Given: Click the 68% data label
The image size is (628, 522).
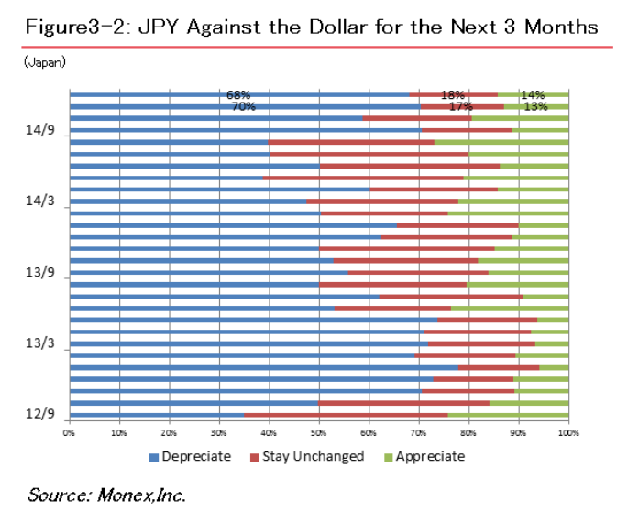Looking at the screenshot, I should point(238,94).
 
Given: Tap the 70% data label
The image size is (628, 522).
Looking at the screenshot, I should point(243,106).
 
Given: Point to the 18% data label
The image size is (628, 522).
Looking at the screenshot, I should point(452,94).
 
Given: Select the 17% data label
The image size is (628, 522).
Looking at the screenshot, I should point(461,106).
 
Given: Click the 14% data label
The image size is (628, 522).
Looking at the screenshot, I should point(533,94).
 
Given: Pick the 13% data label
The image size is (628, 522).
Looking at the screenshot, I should point(535,106).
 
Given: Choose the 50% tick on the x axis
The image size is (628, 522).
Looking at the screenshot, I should point(318,430).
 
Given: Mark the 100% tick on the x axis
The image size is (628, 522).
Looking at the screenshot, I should point(567,430).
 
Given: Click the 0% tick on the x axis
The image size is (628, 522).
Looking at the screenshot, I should point(69,430).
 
